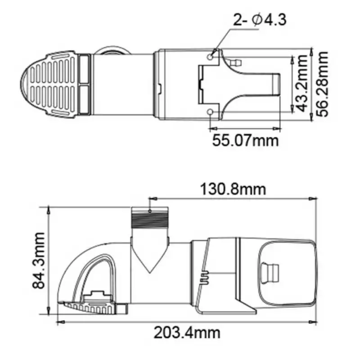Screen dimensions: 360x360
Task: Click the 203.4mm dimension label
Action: pos(187,333)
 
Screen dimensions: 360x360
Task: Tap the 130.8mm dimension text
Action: pos(234,189)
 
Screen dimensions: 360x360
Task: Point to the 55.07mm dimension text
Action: pos(246,140)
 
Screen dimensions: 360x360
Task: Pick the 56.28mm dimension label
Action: pos(323,83)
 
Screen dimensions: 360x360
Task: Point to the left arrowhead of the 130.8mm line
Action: pos(152,198)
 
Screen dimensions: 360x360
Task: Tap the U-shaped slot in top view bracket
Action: pos(261,84)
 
